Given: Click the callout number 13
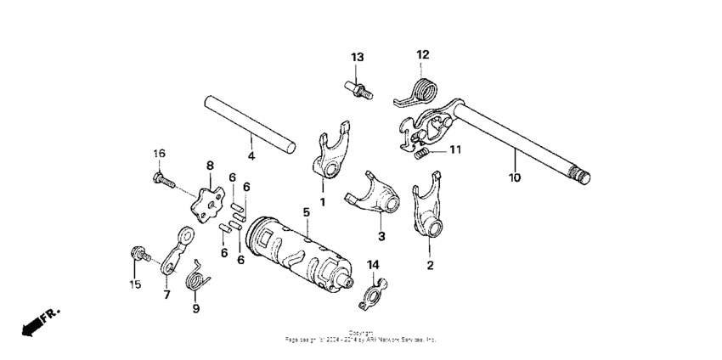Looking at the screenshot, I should (358, 57).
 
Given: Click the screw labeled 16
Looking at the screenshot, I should (161, 180).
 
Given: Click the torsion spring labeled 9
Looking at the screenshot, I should (198, 275).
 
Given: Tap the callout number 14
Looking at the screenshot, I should (373, 265).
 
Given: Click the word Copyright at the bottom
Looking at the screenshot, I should (360, 333).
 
